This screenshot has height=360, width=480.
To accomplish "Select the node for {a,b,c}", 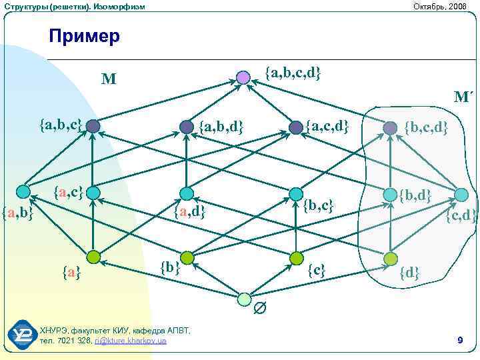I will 93,125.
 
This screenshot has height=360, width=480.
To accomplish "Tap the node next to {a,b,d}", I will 187,126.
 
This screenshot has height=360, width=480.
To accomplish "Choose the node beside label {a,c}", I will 93,193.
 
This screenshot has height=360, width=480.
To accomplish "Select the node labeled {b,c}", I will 295,194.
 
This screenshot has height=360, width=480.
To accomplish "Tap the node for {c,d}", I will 461,195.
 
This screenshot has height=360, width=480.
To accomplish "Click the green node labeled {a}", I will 93,257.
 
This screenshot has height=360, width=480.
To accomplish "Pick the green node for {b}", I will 187,257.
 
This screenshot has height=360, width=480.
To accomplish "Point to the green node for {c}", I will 295,258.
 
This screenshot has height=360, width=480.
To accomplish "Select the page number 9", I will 460,341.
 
